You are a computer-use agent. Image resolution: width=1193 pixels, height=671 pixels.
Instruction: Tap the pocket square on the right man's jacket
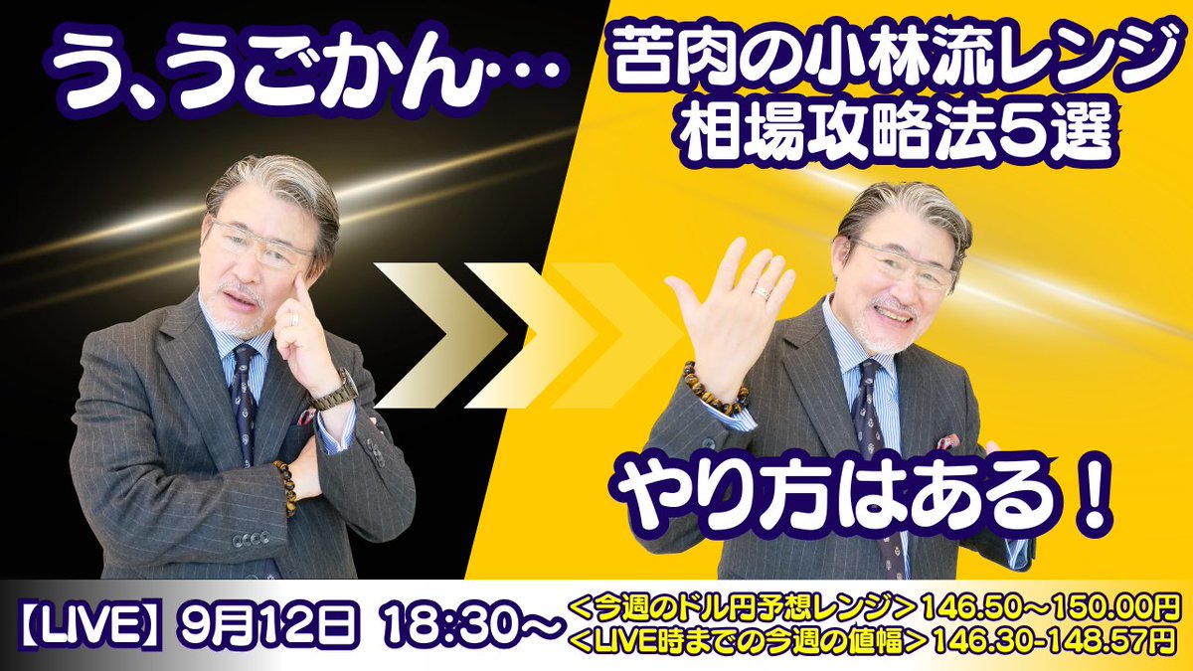(945, 440)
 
